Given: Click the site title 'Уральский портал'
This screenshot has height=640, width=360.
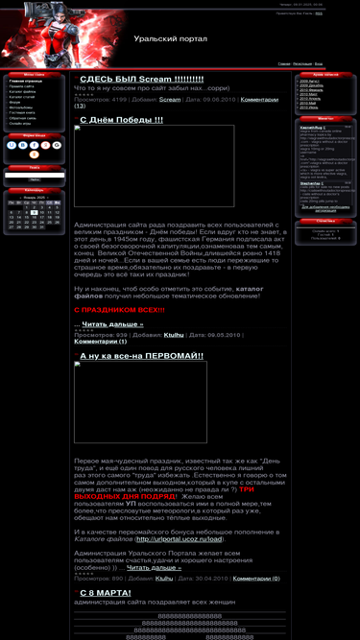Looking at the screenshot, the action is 172,39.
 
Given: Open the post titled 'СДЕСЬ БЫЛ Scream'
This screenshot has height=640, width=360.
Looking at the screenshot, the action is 141,79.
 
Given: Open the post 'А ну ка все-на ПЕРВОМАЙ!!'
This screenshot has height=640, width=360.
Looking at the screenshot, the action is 141,356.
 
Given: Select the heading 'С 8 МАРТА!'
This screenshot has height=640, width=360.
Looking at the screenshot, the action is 105,593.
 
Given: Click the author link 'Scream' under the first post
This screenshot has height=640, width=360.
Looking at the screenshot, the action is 169,99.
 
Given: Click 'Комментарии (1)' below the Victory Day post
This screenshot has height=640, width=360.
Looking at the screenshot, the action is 100,341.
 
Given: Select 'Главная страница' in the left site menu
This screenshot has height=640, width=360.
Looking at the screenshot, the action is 24,82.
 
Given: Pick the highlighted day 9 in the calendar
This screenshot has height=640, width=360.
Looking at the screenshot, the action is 35,212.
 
